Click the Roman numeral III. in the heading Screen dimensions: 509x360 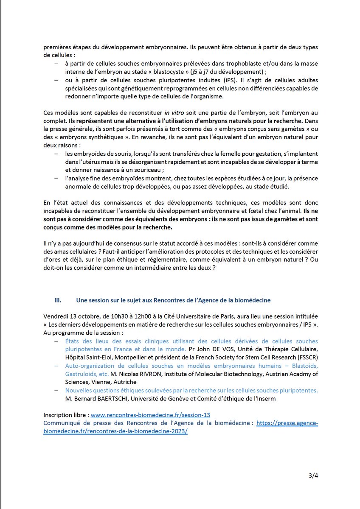59,300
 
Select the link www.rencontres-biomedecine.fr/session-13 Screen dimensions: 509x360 150,415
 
